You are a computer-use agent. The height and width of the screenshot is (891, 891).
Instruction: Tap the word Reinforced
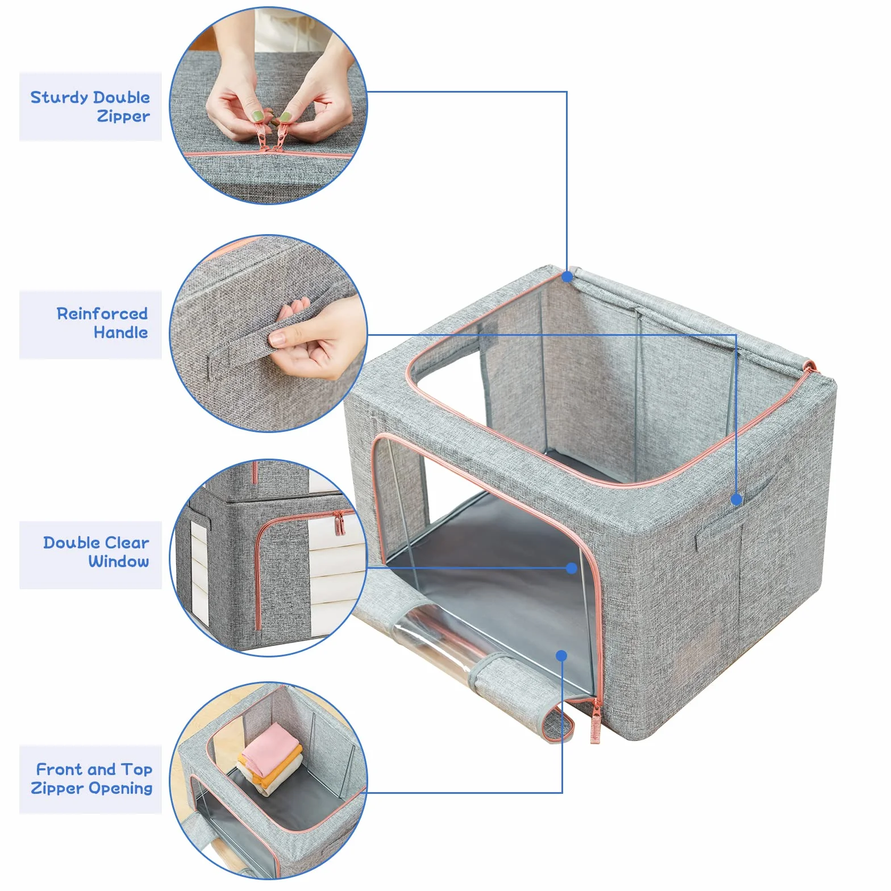point(102,314)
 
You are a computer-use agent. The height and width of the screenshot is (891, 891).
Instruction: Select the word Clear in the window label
point(127,543)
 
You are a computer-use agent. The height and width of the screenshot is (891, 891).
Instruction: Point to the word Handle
point(120,332)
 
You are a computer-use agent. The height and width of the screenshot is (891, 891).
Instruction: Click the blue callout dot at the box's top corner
point(567,277)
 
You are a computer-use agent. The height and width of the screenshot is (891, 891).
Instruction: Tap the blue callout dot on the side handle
point(736,499)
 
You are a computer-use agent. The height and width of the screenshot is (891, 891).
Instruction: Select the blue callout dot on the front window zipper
point(572,568)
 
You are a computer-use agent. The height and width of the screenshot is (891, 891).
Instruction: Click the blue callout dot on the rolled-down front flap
point(561,656)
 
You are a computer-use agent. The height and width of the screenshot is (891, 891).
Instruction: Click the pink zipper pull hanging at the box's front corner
point(596,722)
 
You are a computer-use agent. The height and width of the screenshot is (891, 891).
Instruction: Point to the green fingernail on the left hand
point(258,116)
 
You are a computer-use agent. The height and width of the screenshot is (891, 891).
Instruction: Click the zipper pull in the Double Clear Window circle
point(339,523)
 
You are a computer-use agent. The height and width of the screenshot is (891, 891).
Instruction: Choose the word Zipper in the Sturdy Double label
point(123,117)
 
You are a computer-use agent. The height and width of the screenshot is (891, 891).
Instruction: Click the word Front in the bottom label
point(60,769)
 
